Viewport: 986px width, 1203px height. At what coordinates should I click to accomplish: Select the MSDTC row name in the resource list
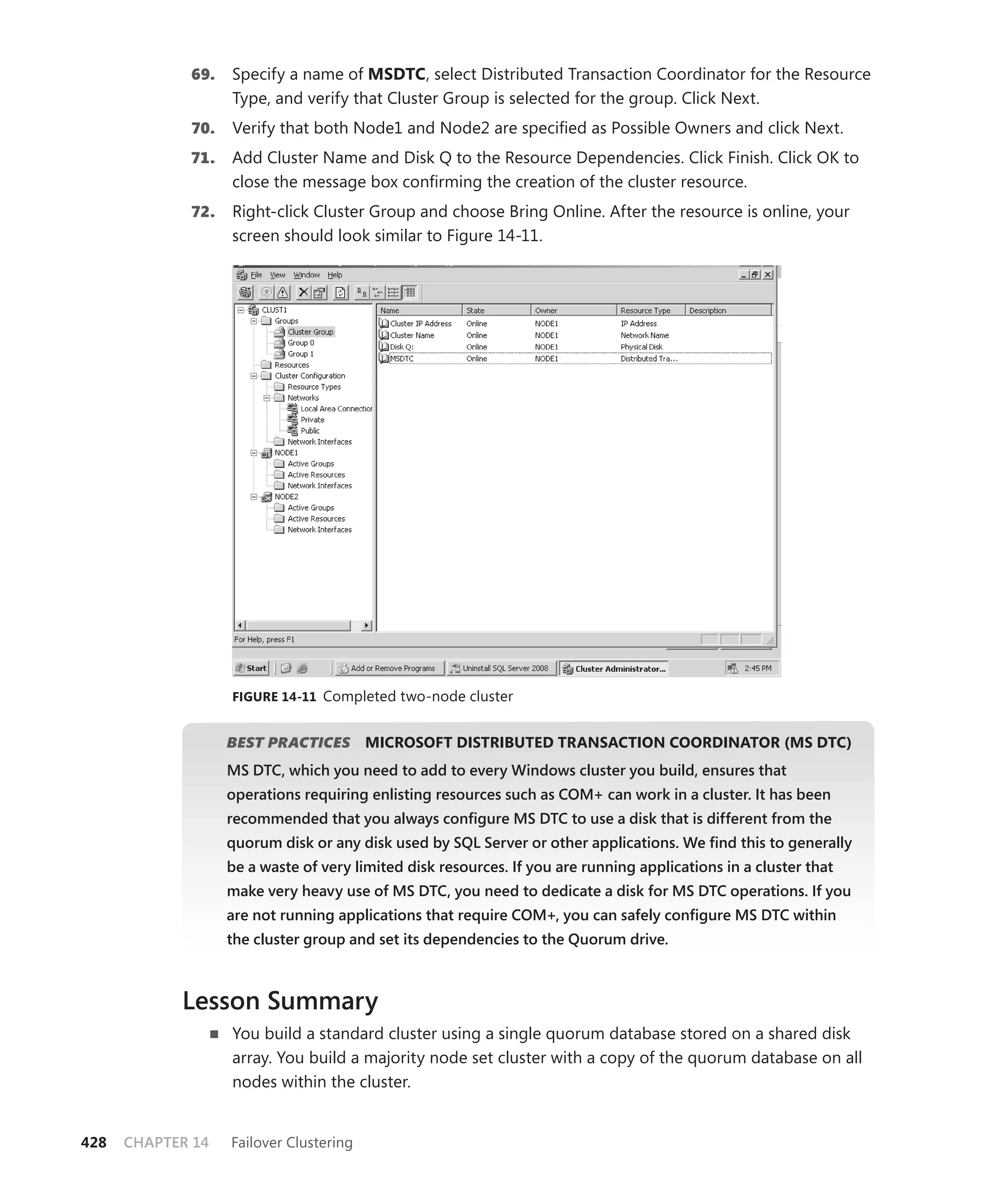(402, 358)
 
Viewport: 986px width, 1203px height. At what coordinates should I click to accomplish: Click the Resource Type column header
(645, 310)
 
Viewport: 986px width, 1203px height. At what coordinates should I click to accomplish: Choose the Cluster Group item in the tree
(310, 332)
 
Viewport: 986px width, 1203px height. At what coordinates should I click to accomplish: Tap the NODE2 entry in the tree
(286, 497)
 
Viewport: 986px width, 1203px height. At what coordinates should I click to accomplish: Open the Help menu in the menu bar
(335, 275)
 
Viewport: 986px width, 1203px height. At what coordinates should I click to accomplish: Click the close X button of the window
(768, 275)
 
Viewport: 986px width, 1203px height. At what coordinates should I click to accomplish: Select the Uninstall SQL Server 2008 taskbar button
(499, 668)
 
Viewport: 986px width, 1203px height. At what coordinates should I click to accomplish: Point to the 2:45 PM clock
(758, 668)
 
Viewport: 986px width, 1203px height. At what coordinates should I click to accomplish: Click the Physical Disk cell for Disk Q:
(641, 346)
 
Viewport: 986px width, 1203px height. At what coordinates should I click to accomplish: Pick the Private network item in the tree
(312, 420)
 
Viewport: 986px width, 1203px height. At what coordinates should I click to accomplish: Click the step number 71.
(203, 158)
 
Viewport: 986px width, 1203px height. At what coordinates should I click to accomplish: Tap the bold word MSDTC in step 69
(396, 75)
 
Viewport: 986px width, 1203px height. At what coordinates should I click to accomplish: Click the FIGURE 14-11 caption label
(274, 697)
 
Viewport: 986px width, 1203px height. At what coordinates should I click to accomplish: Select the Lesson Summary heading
(280, 1000)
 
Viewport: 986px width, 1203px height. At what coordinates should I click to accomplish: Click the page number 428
(94, 1142)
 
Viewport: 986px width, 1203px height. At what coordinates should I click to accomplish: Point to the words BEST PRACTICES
(288, 742)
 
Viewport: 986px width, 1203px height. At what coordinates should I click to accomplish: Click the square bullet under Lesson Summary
(214, 1034)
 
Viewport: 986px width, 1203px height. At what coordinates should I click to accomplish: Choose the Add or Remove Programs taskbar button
(388, 668)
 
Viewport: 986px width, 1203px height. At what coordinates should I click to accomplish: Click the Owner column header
(546, 310)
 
